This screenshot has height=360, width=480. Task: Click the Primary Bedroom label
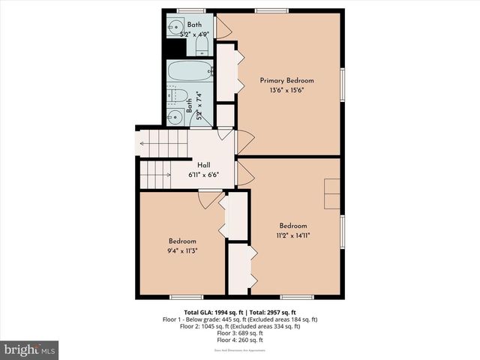coord(286,80)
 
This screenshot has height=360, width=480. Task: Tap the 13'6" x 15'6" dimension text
coord(286,90)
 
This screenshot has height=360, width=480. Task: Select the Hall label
coord(203,166)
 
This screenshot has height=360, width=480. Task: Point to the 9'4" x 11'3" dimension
coord(182,252)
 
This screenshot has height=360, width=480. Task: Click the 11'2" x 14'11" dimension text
coord(293,235)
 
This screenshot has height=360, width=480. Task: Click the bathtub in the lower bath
coord(190,73)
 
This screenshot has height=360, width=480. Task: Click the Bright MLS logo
coord(30,349)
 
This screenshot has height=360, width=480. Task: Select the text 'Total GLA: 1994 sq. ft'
coord(211,312)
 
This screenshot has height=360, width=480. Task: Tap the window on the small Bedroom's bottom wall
coord(181,297)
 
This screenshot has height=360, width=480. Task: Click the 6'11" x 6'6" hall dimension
coord(203,175)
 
